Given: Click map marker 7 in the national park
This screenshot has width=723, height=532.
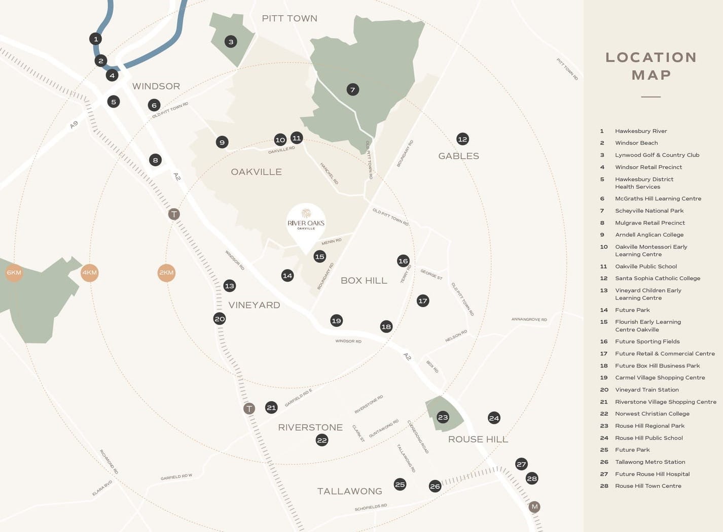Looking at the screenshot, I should tap(352, 90).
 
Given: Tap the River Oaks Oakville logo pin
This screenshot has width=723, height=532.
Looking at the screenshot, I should tap(306, 223).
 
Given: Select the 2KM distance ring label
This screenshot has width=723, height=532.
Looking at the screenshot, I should tap(166, 273).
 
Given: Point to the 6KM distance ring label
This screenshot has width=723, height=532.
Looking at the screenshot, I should tap(14, 273).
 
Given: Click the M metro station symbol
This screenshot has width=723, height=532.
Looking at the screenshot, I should tap(534, 507).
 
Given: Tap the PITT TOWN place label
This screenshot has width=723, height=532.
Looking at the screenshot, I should tap(290, 18).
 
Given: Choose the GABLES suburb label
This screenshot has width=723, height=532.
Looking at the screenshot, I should tap(458, 156).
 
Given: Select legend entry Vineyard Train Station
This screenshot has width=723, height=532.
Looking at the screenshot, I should tap(646, 390).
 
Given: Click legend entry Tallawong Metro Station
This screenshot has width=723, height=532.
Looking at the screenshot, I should tap(649, 462).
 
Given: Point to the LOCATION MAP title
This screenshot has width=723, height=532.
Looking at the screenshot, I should tap(651, 66).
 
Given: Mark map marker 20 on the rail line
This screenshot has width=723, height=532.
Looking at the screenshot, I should tap(220, 319).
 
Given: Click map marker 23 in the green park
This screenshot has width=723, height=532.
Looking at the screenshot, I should tap(443, 417).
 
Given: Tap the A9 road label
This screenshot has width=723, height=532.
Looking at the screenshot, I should tap(74, 124).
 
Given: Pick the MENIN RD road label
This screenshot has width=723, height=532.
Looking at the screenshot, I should tap(331, 242).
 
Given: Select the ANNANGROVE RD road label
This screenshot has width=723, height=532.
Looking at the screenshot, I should tap(529, 319).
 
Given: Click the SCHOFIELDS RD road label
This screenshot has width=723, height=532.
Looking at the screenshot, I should tap(371, 507).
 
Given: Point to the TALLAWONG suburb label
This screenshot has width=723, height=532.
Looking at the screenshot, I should tap(349, 491).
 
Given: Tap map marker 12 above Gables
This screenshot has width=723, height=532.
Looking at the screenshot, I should tap(462, 139).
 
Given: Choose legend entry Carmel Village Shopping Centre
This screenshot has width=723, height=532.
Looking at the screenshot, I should tap(660, 378).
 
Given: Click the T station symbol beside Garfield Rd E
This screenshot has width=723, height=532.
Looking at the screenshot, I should tap(249, 408).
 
